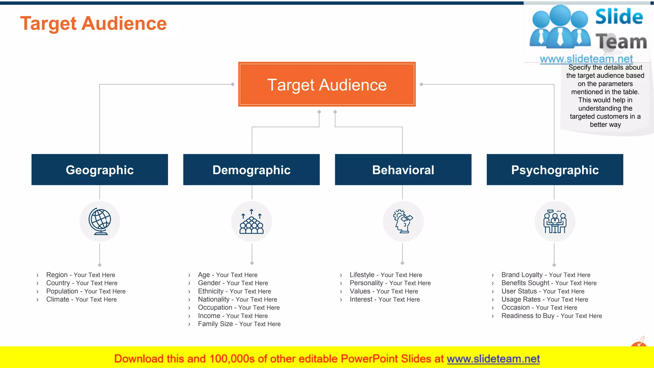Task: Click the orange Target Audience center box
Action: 327,84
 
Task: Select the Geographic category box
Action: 100,170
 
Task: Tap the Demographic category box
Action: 251,170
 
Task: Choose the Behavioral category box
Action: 403,170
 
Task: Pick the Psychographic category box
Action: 555,170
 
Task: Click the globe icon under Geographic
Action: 100,221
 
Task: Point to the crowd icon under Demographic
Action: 252,221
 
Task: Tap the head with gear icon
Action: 403,221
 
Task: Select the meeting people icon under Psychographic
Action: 555,221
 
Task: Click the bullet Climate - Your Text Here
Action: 81,300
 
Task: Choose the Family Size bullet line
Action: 239,324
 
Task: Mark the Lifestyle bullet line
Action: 386,275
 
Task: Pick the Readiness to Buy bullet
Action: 551,316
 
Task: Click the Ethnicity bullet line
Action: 234,291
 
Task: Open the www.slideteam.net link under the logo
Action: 586,59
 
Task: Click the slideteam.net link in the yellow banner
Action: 493,359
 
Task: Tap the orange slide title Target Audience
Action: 93,24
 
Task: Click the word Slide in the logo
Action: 619,17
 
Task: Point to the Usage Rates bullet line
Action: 544,300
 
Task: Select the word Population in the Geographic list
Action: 62,291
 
